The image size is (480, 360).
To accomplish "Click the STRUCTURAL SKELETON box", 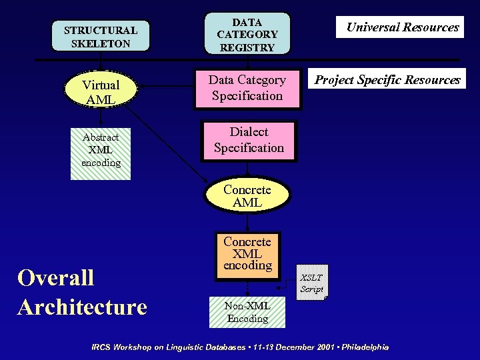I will pyautogui.click(x=101, y=37).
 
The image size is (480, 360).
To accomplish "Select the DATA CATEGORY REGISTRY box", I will pyautogui.click(x=247, y=34).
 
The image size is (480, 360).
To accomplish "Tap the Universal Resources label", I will pyautogui.click(x=401, y=27).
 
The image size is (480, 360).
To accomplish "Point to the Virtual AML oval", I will pyautogui.click(x=101, y=92).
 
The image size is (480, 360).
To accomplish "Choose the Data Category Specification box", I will pyautogui.click(x=247, y=88).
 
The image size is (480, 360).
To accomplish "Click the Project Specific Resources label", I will pyautogui.click(x=387, y=80).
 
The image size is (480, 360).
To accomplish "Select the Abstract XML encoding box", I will pyautogui.click(x=101, y=150).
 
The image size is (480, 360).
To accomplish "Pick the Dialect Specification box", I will pyautogui.click(x=249, y=140).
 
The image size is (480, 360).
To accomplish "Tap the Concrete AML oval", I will pyautogui.click(x=247, y=196).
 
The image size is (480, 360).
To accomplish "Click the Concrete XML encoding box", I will pyautogui.click(x=247, y=253).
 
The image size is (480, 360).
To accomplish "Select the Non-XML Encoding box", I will pyautogui.click(x=247, y=312).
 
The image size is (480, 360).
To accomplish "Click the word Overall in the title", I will pyautogui.click(x=56, y=277).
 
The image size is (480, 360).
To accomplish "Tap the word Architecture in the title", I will pyautogui.click(x=82, y=307).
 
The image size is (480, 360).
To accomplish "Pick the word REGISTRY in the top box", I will pyautogui.click(x=247, y=48).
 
